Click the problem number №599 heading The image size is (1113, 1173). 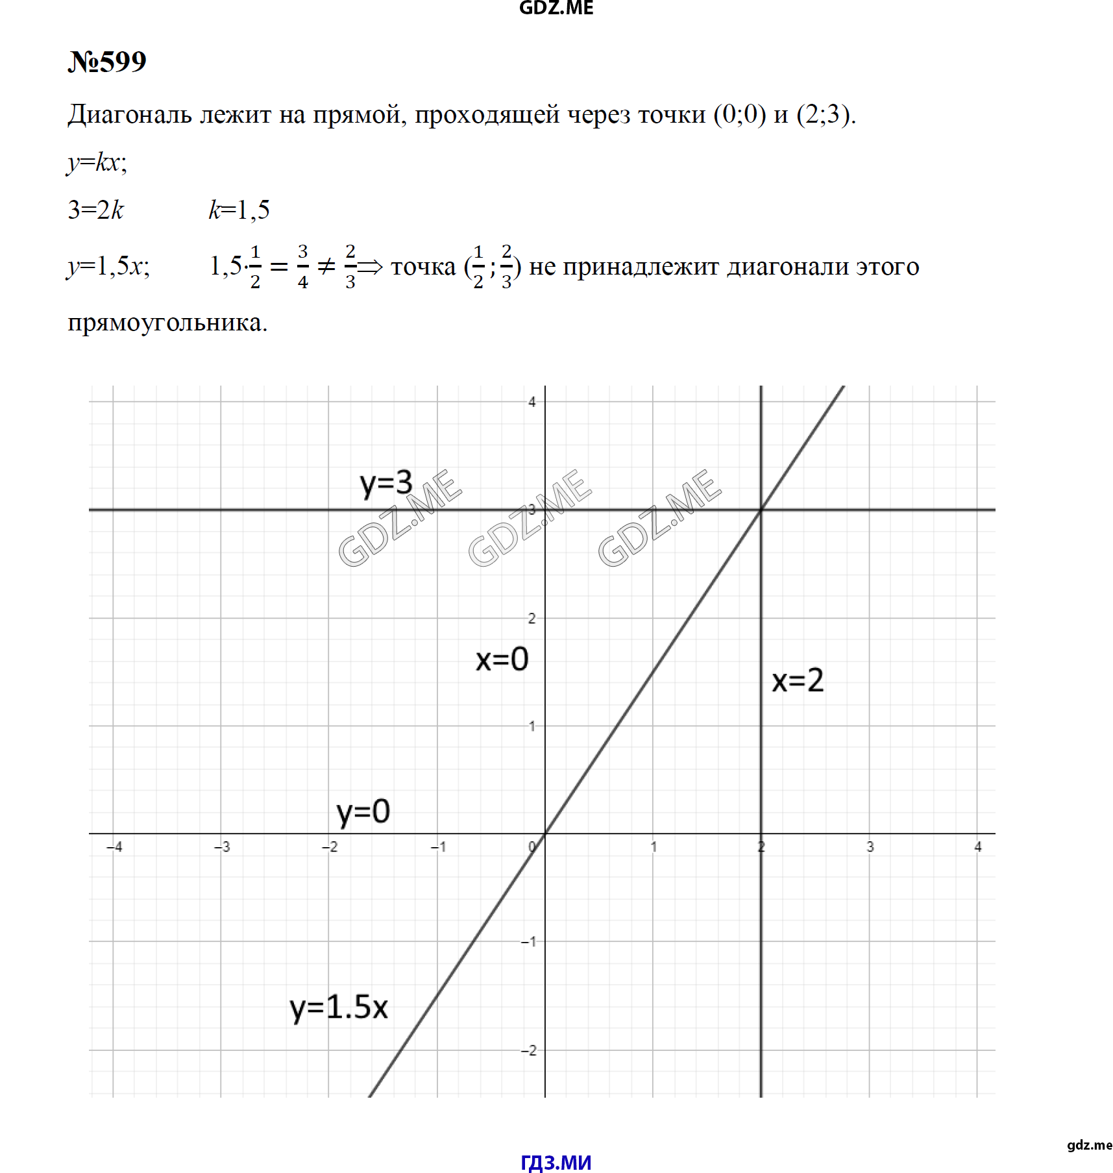coord(107,62)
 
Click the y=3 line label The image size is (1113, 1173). coord(386,484)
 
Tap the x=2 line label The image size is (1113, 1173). coord(798,681)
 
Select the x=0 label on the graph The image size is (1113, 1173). coord(502,660)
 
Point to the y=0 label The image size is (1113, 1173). coord(363,812)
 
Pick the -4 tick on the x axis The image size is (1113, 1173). coord(114,846)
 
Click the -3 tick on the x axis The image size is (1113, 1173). coord(222,846)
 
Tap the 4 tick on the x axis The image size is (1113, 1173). coord(977,846)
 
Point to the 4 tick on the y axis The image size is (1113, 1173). coord(532,402)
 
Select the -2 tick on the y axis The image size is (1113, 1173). coord(529,1050)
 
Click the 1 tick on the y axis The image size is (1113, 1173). coord(532,726)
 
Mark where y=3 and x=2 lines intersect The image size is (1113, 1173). coord(761,510)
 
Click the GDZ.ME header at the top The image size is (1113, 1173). coord(556,8)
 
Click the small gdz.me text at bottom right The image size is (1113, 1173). coord(1090,1145)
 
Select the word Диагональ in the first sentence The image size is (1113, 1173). coord(130,115)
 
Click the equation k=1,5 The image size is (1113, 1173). coord(239,210)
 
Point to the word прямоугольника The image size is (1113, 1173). coord(167,323)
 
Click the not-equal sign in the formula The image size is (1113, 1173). coord(326,266)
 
